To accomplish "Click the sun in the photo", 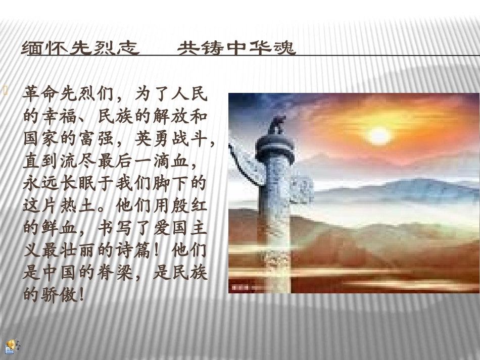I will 379,135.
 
